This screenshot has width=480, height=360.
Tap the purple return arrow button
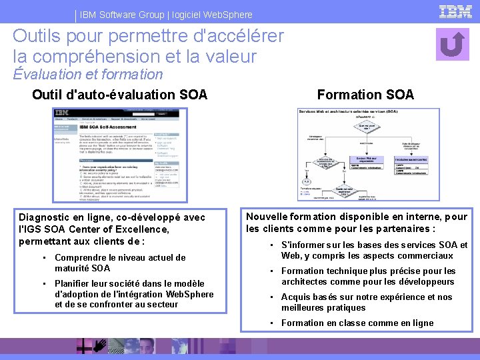click(x=453, y=44)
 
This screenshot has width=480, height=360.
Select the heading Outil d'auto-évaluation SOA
click(x=119, y=95)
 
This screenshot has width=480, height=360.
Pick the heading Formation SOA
click(x=365, y=95)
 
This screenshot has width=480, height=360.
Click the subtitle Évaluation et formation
click(x=87, y=74)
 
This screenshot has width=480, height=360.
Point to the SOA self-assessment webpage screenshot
click(x=107, y=155)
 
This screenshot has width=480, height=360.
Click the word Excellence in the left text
click(x=141, y=229)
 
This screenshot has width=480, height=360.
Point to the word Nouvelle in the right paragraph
click(x=267, y=217)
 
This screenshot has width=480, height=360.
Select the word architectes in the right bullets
click(x=307, y=282)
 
